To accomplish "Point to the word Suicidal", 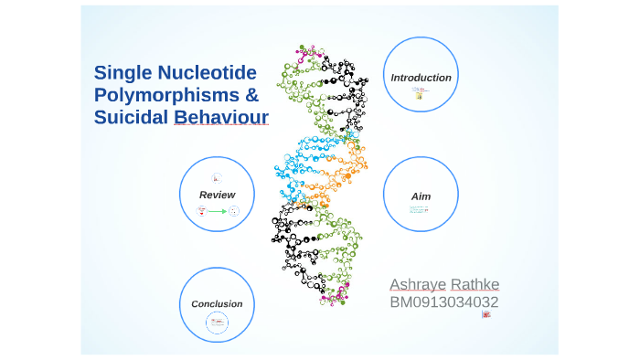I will click(x=131, y=118).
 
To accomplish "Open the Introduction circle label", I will click(x=421, y=78).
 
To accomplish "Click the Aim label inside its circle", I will click(x=421, y=196).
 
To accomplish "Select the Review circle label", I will click(x=217, y=195).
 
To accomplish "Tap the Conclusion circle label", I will click(x=217, y=304).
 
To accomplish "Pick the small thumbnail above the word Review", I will click(x=217, y=178).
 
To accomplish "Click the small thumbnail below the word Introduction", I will click(x=420, y=93).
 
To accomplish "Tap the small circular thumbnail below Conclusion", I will click(x=217, y=321).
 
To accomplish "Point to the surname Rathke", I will click(x=475, y=284).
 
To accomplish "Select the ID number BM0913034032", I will click(x=444, y=302).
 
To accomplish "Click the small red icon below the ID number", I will click(x=486, y=314).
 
